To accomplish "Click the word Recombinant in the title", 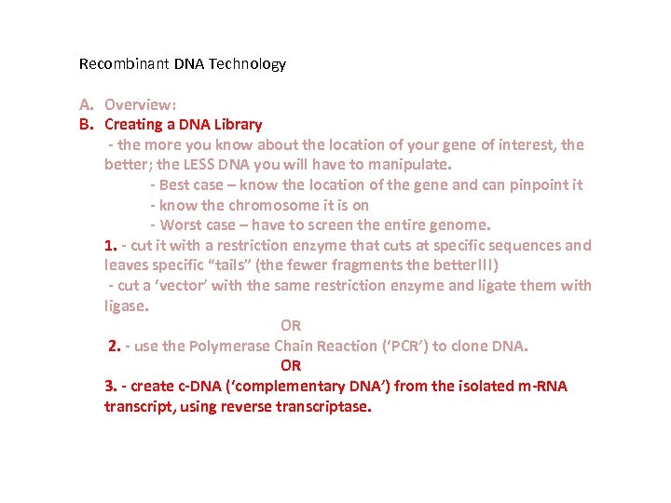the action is click(124, 63).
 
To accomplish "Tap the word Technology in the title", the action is click(247, 64).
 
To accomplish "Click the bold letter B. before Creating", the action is click(86, 124).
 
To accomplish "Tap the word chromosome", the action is click(274, 205).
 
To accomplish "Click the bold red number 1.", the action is click(110, 246).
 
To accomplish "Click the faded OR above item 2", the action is click(291, 325).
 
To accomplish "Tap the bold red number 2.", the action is click(115, 346).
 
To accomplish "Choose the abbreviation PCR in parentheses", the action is click(404, 346).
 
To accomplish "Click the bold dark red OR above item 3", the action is click(291, 366).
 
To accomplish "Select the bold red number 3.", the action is click(110, 386).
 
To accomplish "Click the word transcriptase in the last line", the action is click(323, 407).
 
